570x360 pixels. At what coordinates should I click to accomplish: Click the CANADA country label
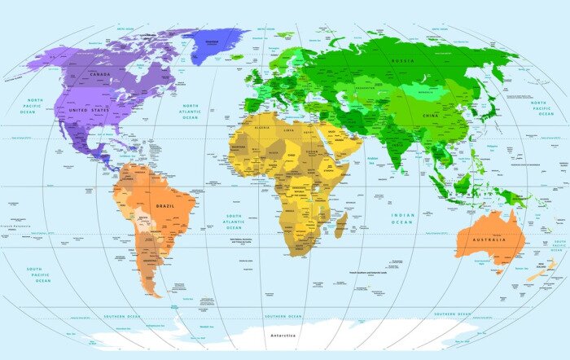click(99, 74)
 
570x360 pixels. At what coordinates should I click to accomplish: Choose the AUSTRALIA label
click(489, 239)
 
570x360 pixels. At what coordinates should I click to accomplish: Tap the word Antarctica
click(283, 336)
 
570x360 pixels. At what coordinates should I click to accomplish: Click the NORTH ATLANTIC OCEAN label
click(191, 112)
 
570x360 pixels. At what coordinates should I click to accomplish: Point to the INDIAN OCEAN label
click(402, 218)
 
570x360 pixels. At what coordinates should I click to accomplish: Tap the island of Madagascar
click(340, 224)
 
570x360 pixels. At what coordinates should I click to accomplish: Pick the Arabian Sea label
click(374, 160)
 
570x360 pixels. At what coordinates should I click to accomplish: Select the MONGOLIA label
click(427, 92)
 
